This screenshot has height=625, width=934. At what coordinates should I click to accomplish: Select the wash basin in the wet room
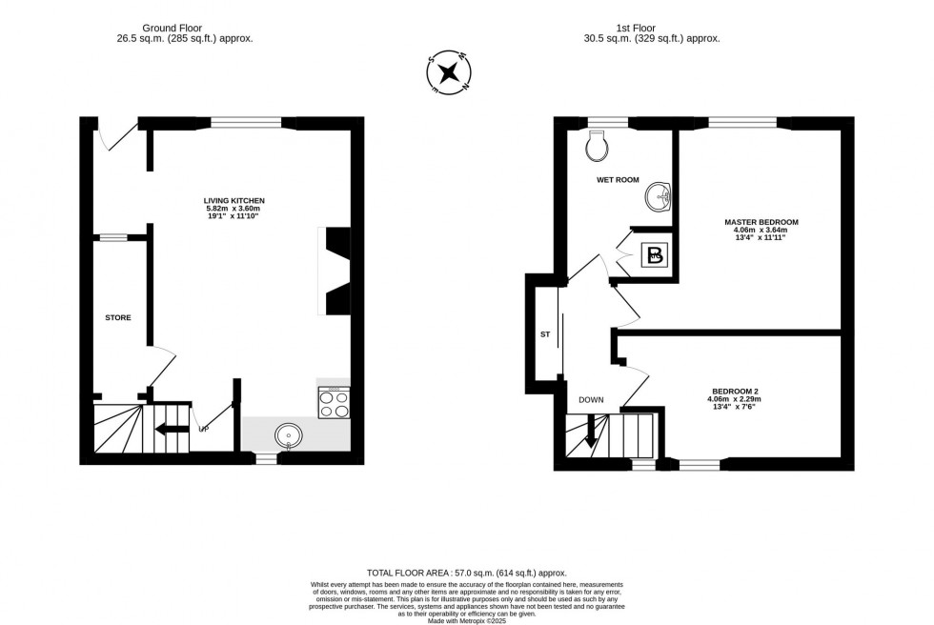(658, 196)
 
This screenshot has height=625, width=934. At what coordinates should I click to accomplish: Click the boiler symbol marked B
(655, 254)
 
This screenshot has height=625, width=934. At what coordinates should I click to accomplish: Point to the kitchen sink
(289, 436)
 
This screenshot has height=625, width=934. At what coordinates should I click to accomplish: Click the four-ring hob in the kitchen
(334, 404)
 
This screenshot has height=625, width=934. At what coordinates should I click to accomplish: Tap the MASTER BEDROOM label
(761, 222)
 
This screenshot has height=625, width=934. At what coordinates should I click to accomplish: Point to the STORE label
(118, 317)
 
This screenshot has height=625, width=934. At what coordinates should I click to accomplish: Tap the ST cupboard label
(545, 334)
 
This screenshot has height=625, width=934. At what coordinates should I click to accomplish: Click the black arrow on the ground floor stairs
(172, 428)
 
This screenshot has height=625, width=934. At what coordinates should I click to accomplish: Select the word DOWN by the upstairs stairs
(591, 400)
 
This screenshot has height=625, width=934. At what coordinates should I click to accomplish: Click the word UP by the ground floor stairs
(203, 429)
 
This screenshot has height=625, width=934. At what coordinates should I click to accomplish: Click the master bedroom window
(742, 122)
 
